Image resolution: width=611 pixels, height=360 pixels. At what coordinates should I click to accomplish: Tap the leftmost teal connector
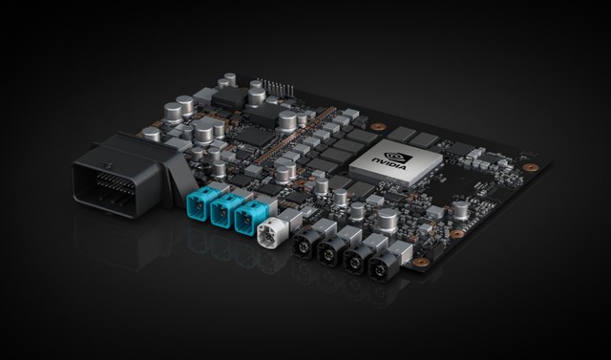[202, 202]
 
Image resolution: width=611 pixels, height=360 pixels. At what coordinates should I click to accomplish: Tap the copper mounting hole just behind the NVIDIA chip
[379, 126]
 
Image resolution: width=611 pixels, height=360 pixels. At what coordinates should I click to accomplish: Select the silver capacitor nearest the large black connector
[152, 134]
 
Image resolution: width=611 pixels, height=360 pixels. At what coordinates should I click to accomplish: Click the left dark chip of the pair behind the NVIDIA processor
[402, 133]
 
